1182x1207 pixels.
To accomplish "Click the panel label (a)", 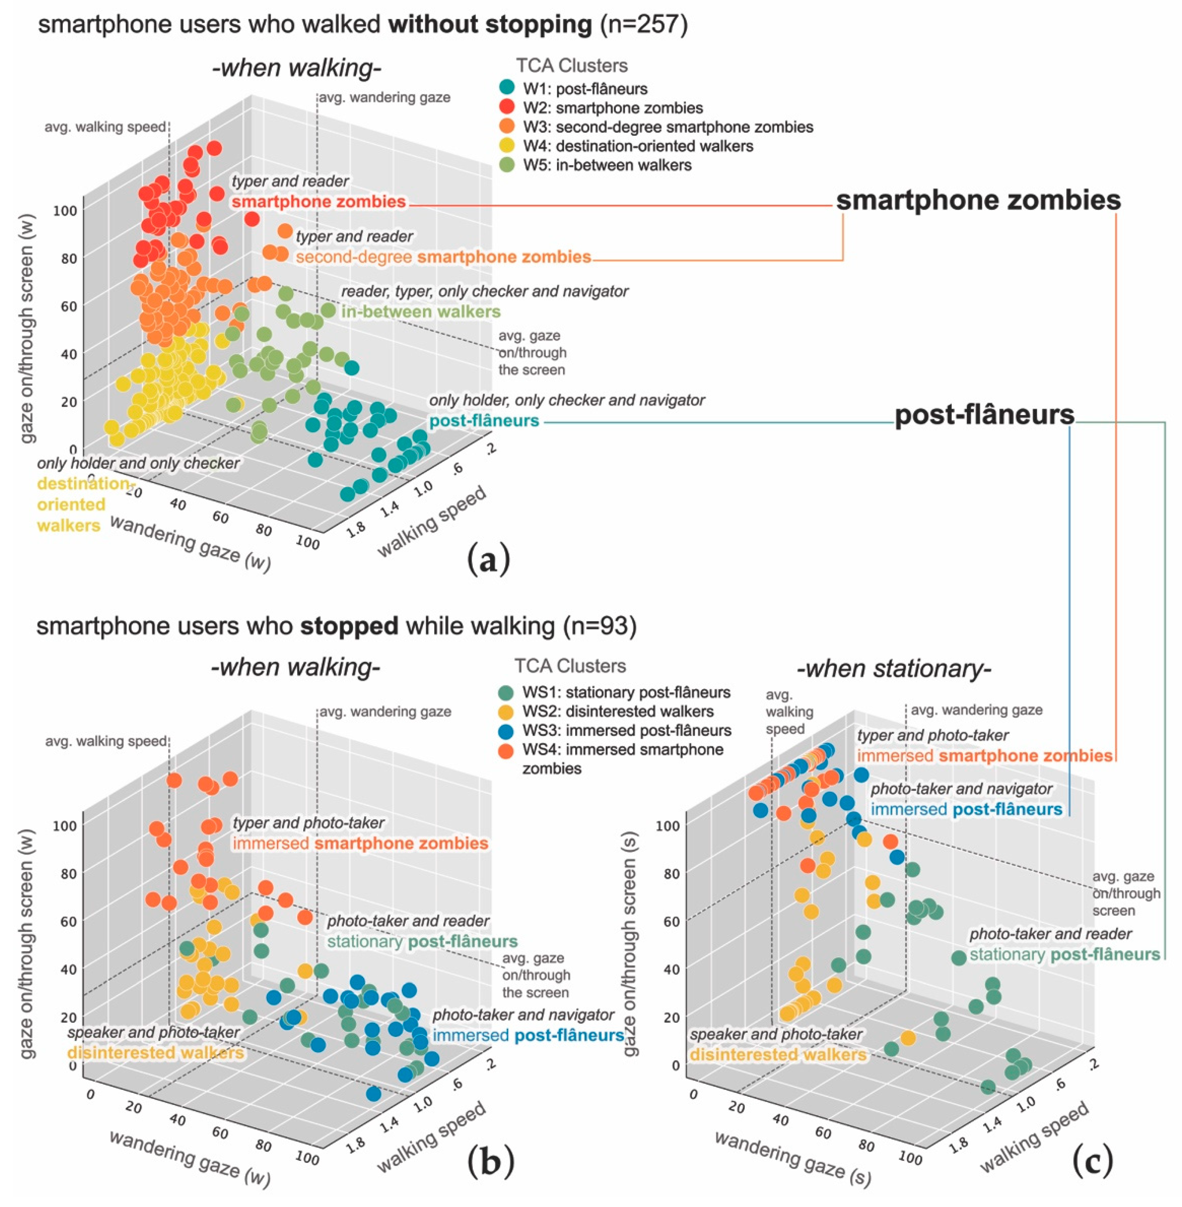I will pos(489,558).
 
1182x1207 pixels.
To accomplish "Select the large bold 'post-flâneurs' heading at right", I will pos(984,415).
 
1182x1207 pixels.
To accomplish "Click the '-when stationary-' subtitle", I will pos(894,669).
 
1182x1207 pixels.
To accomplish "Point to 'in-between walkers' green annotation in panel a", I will pos(421,312).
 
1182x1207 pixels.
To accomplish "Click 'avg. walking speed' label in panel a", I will pos(105,127).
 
